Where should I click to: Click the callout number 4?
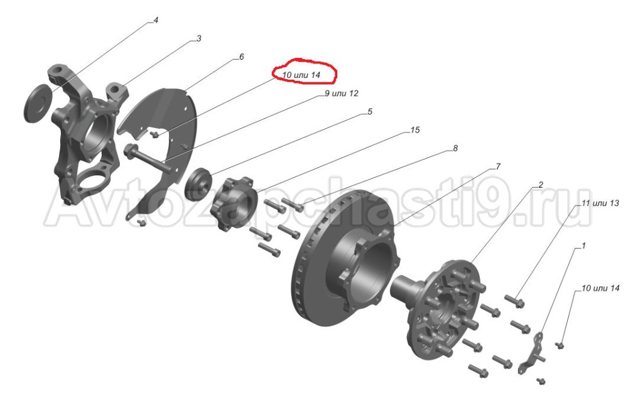156,20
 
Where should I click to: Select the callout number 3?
198,39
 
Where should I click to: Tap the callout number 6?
241,57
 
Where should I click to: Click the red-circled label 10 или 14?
301,75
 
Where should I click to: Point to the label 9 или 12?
342,94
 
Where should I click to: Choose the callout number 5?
370,111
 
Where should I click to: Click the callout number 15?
415,130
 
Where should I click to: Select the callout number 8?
455,148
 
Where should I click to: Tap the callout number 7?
498,166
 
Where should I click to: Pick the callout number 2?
541,185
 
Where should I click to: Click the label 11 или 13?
600,203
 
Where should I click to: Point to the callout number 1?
583,245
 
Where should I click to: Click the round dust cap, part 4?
38,103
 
